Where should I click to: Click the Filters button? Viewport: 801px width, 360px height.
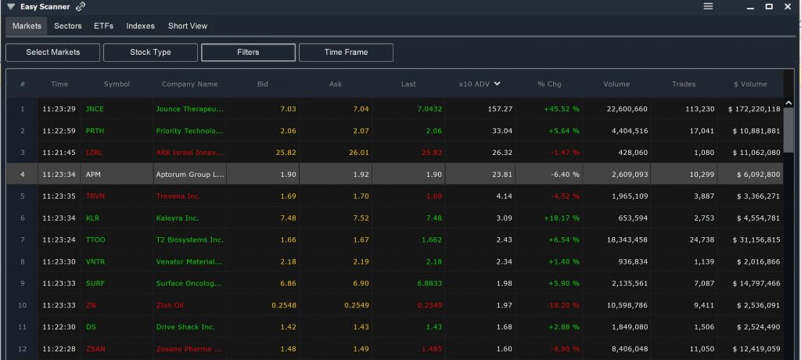click(x=248, y=52)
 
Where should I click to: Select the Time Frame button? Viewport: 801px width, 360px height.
click(x=346, y=52)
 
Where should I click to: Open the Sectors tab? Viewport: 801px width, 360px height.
click(x=68, y=26)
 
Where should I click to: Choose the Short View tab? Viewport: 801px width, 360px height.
click(x=188, y=26)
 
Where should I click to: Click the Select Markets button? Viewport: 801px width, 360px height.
click(x=53, y=52)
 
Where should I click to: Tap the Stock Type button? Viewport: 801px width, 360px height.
click(x=150, y=52)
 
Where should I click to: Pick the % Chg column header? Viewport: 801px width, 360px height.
click(x=549, y=84)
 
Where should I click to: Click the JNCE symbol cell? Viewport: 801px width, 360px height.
click(x=95, y=109)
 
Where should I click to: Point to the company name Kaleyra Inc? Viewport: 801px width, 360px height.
click(x=178, y=218)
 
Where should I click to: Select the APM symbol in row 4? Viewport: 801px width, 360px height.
click(x=94, y=175)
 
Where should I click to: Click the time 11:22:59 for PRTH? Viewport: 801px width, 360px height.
click(x=59, y=131)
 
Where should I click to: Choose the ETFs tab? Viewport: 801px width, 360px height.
click(x=103, y=26)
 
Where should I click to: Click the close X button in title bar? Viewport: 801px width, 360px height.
click(x=788, y=6)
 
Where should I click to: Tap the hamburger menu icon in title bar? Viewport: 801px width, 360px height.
click(x=708, y=6)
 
